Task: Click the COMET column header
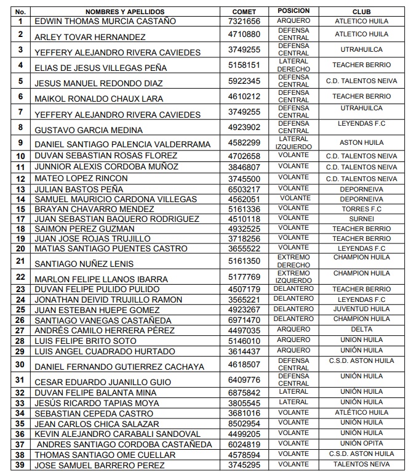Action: click(x=244, y=12)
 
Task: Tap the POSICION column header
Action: click(x=293, y=11)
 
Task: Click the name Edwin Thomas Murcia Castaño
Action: click(x=105, y=22)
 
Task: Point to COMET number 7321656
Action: click(x=244, y=22)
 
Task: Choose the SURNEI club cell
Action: click(x=361, y=219)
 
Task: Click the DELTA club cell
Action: click(x=361, y=330)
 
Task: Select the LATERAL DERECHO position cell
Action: click(x=293, y=65)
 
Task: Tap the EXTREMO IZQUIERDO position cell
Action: click(x=293, y=277)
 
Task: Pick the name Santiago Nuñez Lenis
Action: click(x=84, y=263)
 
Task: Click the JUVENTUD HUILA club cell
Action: click(x=361, y=309)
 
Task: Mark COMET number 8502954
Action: click(x=244, y=424)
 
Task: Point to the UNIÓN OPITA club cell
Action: click(x=361, y=444)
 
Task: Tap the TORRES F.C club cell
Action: click(x=361, y=209)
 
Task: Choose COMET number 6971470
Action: click(x=244, y=320)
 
